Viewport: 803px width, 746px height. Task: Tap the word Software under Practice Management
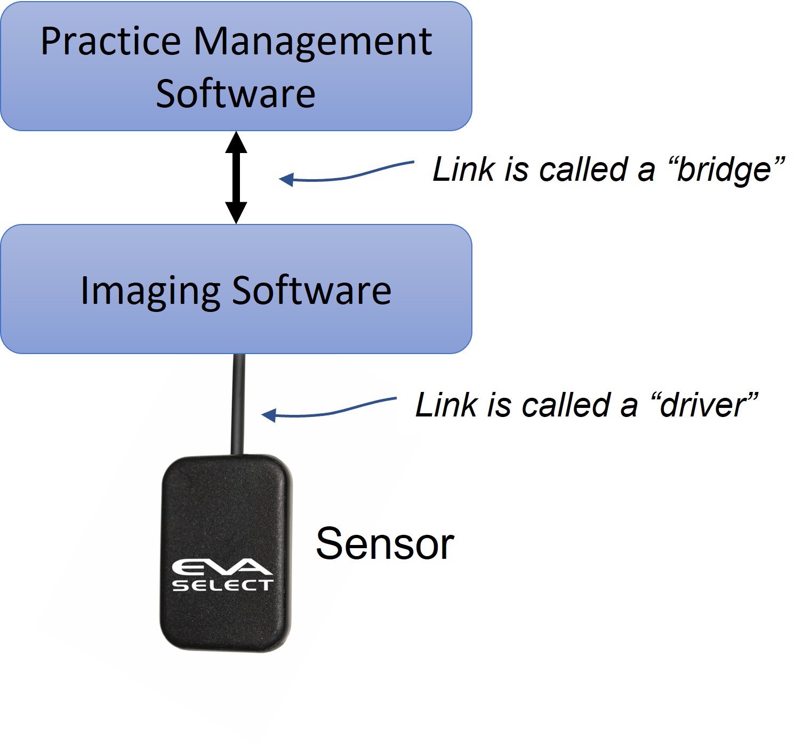(x=236, y=93)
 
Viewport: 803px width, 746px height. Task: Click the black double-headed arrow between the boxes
(x=236, y=178)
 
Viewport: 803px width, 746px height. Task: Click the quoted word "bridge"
(x=725, y=170)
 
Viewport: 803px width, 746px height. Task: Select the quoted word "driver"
(x=704, y=405)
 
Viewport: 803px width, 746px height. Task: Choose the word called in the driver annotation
(x=560, y=405)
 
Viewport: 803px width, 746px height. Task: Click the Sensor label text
(x=384, y=544)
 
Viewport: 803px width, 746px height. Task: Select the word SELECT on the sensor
(x=222, y=586)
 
